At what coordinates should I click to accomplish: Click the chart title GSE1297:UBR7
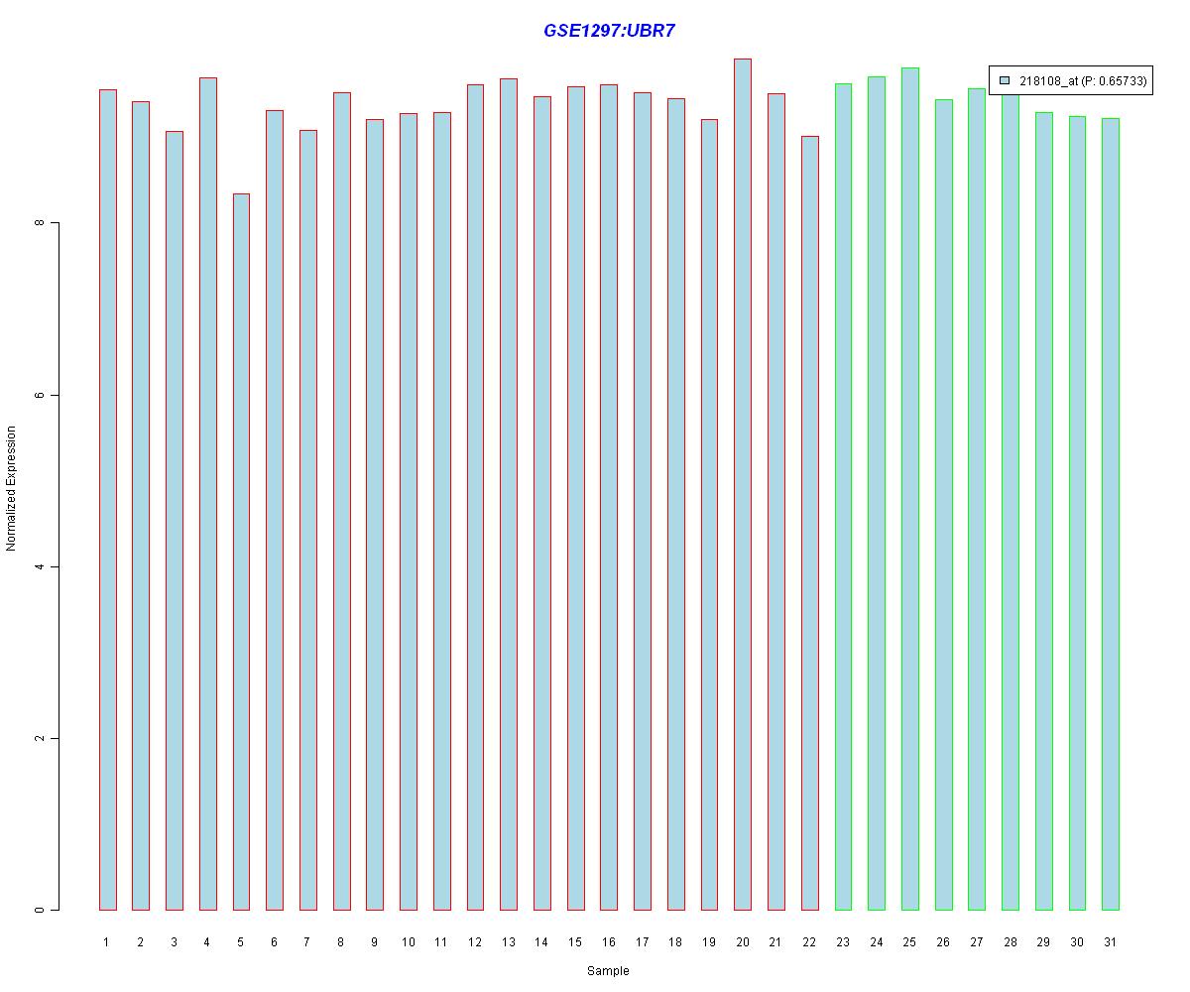point(609,31)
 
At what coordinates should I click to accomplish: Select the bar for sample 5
point(241,552)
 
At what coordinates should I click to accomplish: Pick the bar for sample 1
point(107,500)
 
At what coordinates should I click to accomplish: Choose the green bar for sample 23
point(843,497)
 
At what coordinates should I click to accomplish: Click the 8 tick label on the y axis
point(40,223)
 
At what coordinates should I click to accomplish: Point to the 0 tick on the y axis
point(40,910)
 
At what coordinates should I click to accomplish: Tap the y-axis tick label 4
point(40,566)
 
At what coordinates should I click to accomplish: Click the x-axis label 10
point(409,941)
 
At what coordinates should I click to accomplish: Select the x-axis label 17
point(643,941)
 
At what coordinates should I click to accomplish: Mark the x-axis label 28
point(1011,941)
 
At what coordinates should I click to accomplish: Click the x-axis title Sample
point(608,971)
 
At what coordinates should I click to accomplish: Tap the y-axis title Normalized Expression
point(12,488)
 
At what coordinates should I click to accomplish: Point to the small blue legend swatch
point(1005,80)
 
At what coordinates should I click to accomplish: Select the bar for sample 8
point(341,501)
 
